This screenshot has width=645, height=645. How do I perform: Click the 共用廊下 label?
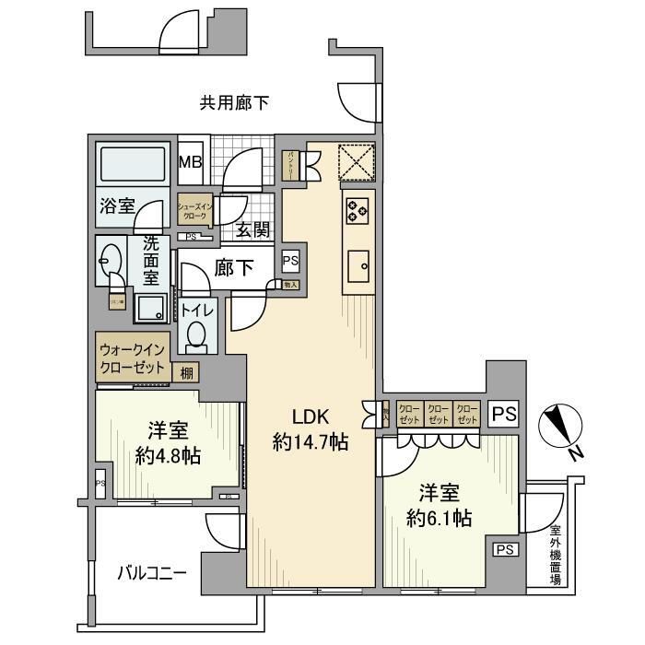[234, 103]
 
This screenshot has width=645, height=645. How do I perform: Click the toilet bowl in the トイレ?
[196, 336]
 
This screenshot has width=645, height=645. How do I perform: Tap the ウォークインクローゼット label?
[132, 358]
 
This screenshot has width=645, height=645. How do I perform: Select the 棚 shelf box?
[187, 371]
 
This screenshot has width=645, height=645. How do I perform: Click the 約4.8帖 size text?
[169, 455]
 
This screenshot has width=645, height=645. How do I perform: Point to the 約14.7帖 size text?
[311, 442]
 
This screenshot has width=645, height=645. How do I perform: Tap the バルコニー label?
[152, 572]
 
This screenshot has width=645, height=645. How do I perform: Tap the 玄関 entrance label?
[252, 229]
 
